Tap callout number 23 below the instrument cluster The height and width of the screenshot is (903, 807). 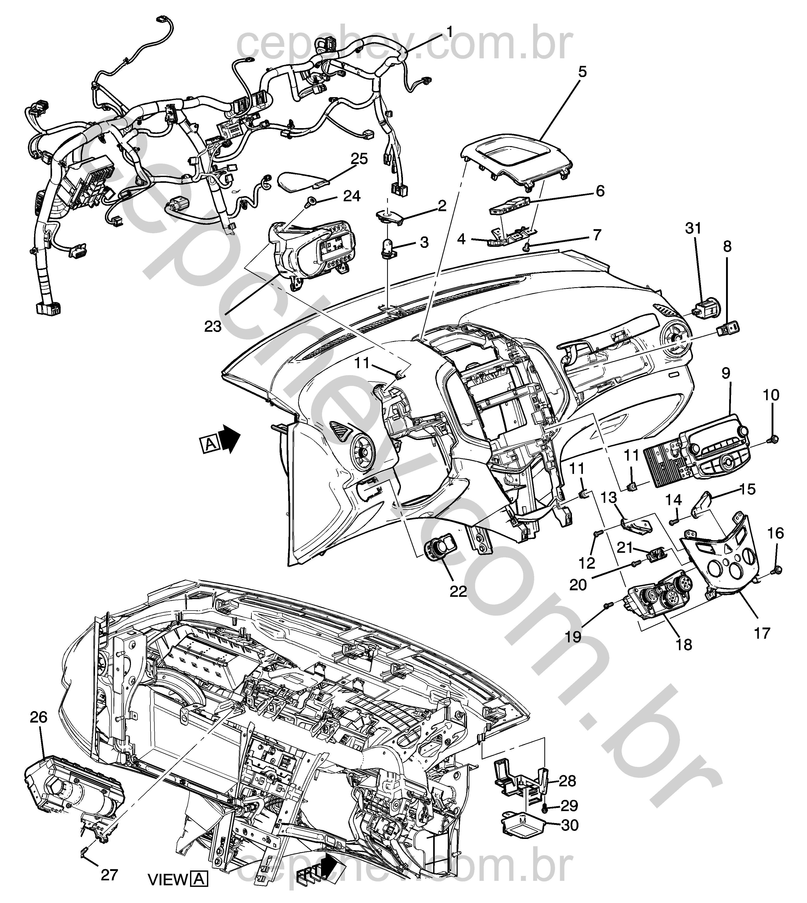click(x=213, y=327)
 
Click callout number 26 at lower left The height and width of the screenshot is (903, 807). click(x=39, y=717)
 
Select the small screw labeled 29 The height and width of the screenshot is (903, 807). click(x=546, y=808)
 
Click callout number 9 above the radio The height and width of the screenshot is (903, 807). click(x=726, y=373)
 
